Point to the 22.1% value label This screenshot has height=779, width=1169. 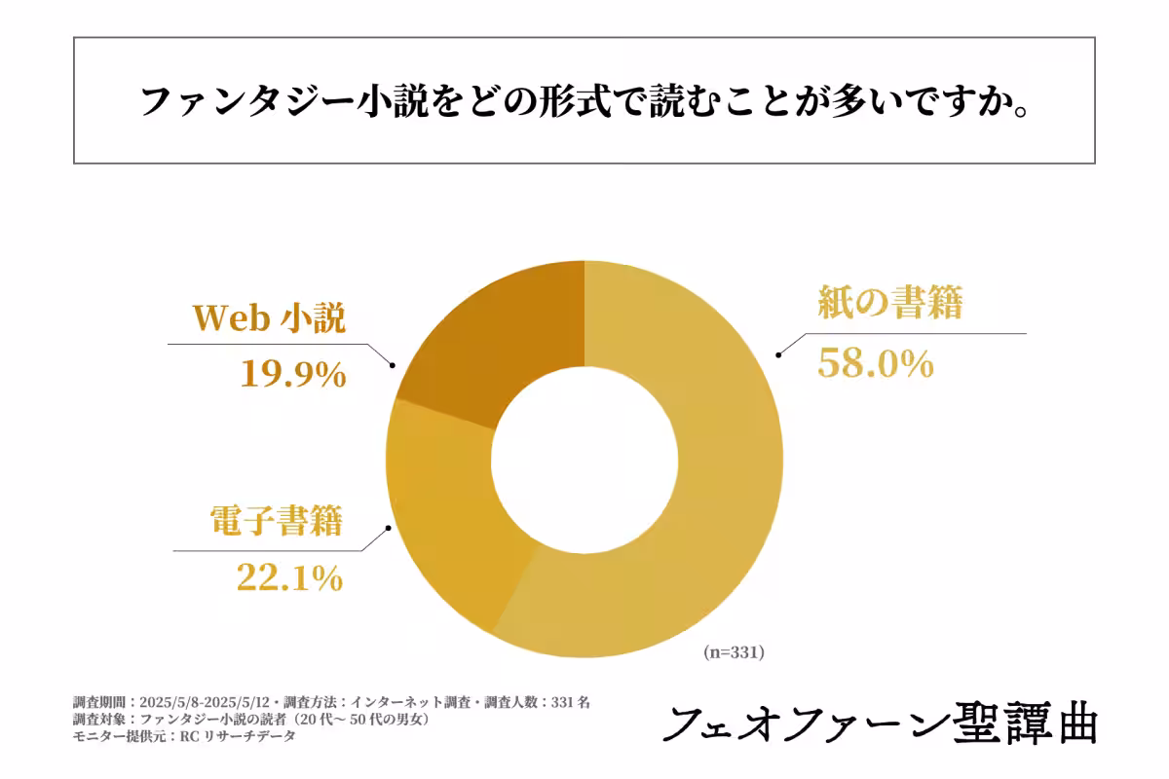tap(289, 578)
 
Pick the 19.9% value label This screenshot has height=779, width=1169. tap(293, 374)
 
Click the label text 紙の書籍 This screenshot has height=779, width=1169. tap(889, 305)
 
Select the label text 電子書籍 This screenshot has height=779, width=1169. tap(277, 522)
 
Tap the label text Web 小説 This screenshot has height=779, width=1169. tap(269, 317)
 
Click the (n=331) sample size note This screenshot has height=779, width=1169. tap(734, 653)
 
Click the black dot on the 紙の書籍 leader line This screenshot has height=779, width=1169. tap(777, 356)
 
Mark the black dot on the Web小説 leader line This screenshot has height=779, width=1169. tap(393, 366)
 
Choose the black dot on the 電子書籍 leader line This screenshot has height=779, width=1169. tap(391, 529)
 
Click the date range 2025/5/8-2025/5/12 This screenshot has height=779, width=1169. tap(202, 701)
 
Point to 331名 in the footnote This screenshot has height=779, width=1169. tap(570, 701)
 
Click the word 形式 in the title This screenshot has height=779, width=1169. tap(569, 101)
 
